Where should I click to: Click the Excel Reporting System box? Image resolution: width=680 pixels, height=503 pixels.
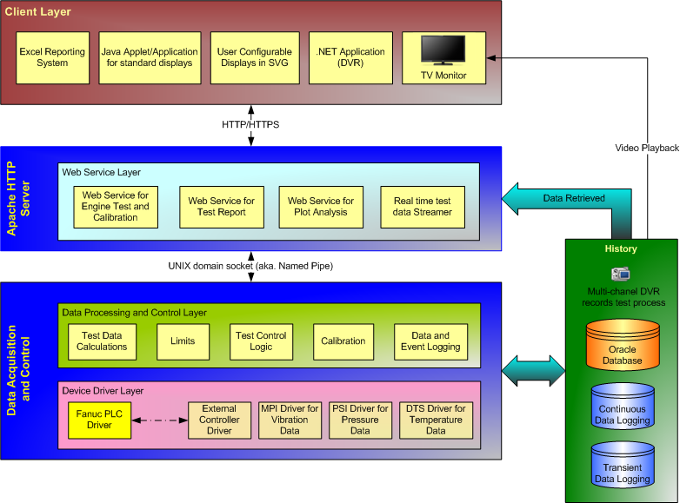[52, 57]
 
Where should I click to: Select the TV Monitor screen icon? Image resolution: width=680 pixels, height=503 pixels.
[443, 50]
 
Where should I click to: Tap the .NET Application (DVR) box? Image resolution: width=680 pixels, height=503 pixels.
[350, 57]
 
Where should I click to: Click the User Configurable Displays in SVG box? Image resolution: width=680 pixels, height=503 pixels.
[247, 57]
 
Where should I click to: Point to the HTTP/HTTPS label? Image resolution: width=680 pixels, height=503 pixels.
[250, 124]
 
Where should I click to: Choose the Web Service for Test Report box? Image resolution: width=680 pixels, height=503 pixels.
[221, 207]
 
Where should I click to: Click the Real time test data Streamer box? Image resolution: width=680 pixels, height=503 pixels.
[423, 207]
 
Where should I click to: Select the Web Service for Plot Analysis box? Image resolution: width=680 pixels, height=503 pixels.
[321, 207]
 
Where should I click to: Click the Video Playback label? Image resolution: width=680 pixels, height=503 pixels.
[646, 149]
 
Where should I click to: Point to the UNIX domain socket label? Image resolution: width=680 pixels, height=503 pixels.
[250, 265]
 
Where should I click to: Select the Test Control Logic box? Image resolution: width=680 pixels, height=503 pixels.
[261, 341]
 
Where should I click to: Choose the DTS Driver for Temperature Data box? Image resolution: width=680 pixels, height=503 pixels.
[436, 419]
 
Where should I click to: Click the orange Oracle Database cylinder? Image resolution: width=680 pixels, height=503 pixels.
[622, 344]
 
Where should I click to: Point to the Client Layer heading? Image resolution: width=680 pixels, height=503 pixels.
[39, 12]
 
